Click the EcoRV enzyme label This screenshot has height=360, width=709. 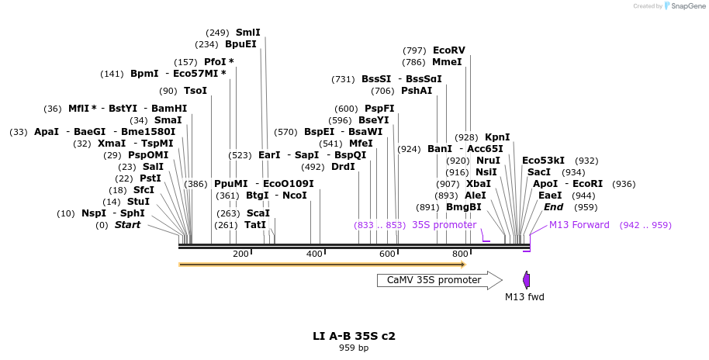click(449, 50)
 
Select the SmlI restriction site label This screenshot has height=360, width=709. click(248, 33)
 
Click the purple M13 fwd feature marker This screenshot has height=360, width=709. click(526, 280)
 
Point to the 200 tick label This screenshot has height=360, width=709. click(240, 254)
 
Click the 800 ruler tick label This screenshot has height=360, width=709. click(460, 254)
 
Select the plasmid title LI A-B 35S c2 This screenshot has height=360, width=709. click(354, 336)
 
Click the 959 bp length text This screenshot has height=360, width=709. click(354, 348)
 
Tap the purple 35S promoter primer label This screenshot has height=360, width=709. click(444, 225)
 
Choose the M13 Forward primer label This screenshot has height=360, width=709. click(579, 225)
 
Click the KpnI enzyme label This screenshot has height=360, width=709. click(497, 137)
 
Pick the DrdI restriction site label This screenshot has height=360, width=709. click(343, 167)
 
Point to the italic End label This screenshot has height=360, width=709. click(553, 207)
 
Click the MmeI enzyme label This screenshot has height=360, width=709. click(447, 62)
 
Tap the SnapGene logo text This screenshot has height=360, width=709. click(686, 6)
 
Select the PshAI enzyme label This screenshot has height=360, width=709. click(417, 91)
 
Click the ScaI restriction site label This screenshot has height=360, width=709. click(258, 213)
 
